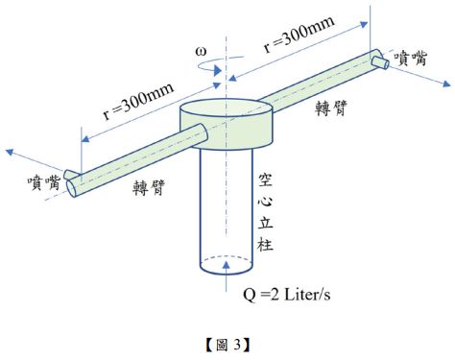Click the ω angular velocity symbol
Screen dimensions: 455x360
coord(201,52)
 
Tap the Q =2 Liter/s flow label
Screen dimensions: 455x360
coord(286,295)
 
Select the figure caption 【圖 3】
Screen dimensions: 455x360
coord(227,345)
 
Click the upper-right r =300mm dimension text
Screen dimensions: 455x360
coord(299,34)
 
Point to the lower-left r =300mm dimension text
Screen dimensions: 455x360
coord(139,101)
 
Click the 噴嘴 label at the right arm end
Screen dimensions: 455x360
coord(410,59)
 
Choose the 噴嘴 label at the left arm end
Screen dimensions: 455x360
coord(44,183)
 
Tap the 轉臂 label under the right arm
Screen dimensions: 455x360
coord(331,108)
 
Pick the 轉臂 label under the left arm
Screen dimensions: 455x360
coord(149,187)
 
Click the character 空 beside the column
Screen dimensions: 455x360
coord(265,180)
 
